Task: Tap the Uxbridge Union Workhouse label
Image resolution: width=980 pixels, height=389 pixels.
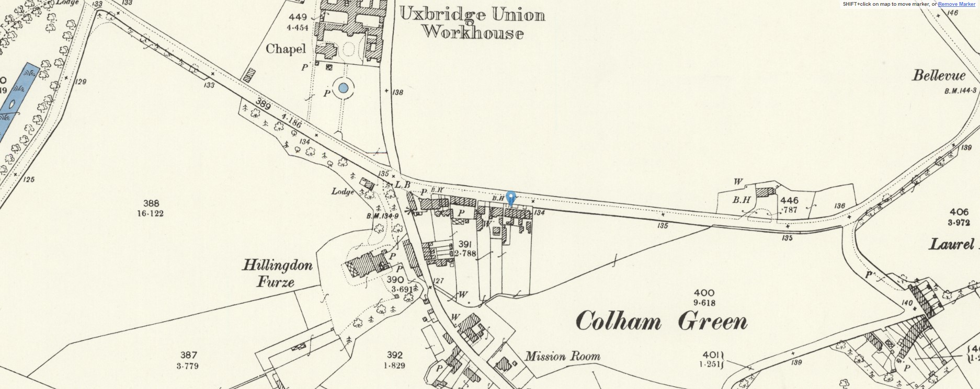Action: (x=472, y=24)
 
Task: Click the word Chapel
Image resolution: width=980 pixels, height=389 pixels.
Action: (x=286, y=49)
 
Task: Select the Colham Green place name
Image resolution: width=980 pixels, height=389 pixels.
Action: (x=661, y=321)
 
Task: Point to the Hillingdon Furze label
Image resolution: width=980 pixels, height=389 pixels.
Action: (x=277, y=273)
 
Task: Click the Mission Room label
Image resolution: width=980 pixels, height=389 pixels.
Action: (x=562, y=357)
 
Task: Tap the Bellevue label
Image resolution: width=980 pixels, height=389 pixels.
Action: (x=939, y=75)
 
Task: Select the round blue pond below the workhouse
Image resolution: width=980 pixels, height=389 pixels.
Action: (x=343, y=88)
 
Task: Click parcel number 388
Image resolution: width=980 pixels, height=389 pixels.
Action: (x=151, y=203)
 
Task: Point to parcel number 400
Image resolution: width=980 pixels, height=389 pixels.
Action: (x=704, y=293)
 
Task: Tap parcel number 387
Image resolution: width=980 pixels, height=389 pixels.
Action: (x=188, y=355)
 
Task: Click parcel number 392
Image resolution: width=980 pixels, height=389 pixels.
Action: (x=394, y=355)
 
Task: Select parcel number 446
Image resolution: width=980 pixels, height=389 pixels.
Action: (x=789, y=200)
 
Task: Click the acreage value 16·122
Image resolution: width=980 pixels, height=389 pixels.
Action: (x=150, y=213)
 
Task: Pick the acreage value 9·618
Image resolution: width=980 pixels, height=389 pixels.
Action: (x=704, y=303)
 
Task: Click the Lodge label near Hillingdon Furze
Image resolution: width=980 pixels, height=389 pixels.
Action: (x=343, y=191)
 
